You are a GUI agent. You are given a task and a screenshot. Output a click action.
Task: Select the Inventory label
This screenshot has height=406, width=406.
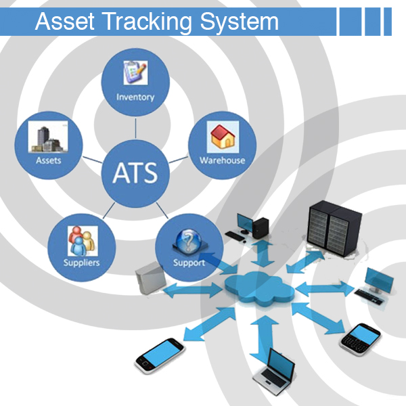point(135,97)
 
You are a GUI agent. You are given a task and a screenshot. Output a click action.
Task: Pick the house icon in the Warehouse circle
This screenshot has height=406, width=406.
point(221,138)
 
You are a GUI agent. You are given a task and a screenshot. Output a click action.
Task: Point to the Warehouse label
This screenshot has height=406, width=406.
point(222,160)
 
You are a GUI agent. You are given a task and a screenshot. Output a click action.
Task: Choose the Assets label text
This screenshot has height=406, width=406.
point(49,160)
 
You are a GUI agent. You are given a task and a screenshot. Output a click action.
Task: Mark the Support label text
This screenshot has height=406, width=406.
point(189,263)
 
